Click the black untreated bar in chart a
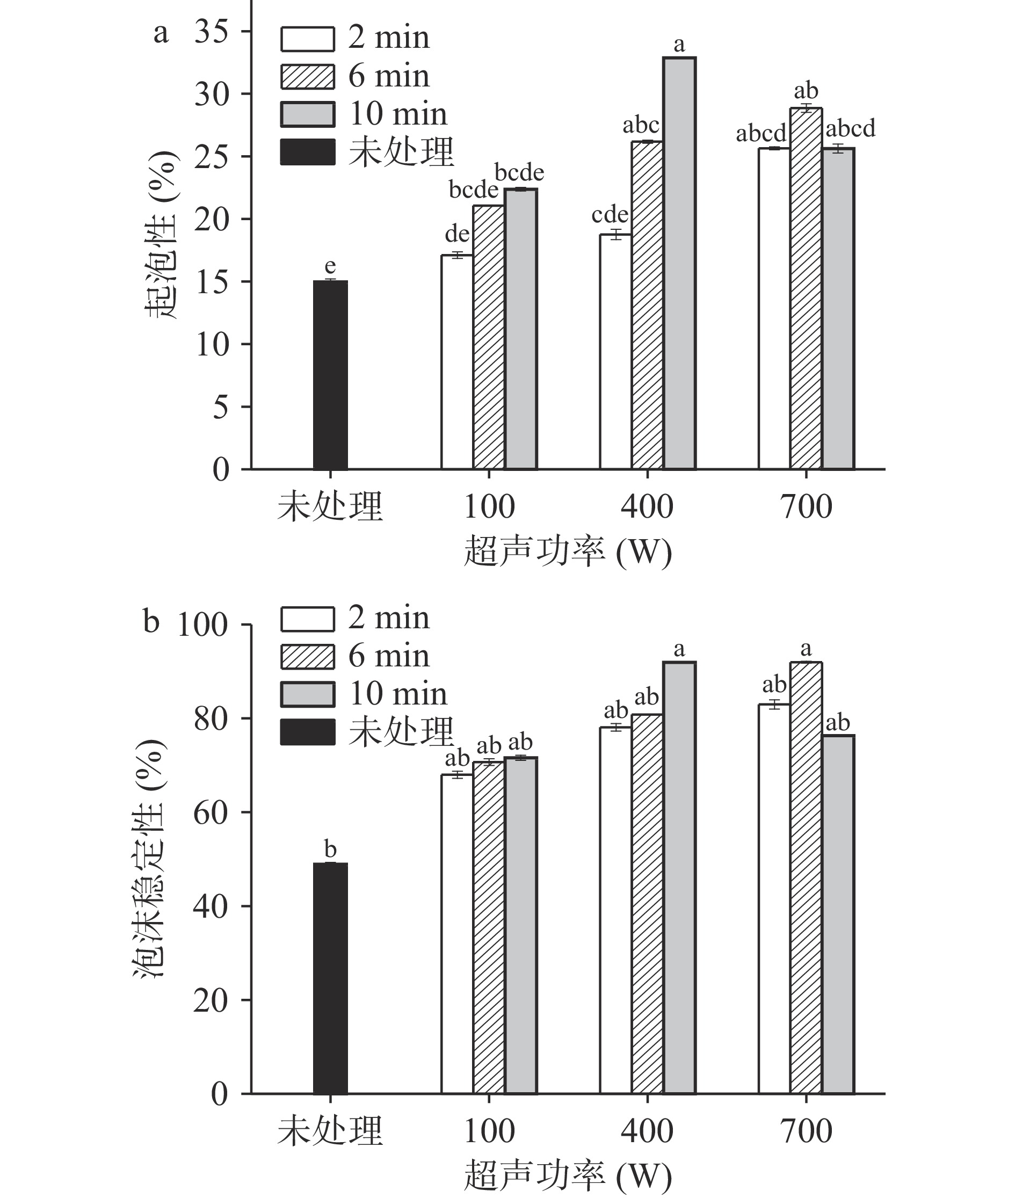pyautogui.click(x=330, y=375)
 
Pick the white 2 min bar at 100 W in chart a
pyautogui.click(x=457, y=362)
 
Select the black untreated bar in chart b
pyautogui.click(x=330, y=978)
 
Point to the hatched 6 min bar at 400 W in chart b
pyautogui.click(x=647, y=903)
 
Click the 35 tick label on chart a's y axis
pyautogui.click(x=211, y=32)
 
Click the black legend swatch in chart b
pyautogui.click(x=307, y=732)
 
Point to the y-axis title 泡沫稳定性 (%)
pyautogui.click(x=150, y=858)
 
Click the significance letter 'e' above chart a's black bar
pyautogui.click(x=330, y=266)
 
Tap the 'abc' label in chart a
pyautogui.click(x=641, y=125)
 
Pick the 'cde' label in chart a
pyautogui.click(x=610, y=215)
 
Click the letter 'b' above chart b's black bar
pyautogui.click(x=330, y=850)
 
